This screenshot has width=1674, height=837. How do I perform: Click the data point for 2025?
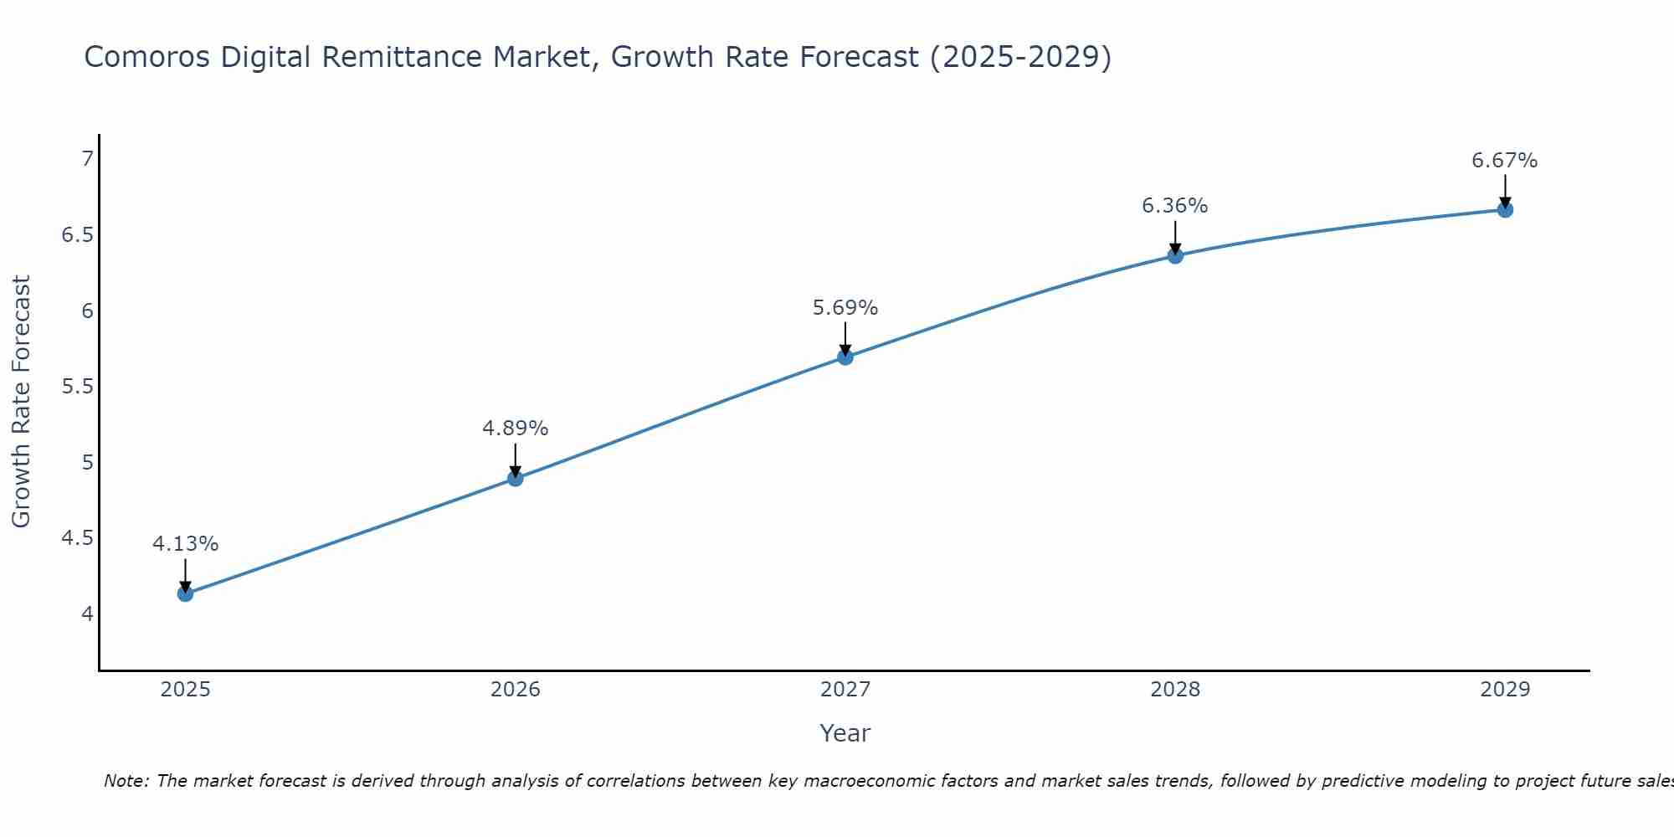(185, 593)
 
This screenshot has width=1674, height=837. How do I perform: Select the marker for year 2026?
(516, 478)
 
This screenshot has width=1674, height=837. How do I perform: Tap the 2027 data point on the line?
(845, 357)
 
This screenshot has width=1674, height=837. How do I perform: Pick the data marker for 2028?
(1175, 255)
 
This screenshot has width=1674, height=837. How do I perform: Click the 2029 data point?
(1505, 209)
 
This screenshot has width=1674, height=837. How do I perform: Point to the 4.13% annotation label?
(185, 544)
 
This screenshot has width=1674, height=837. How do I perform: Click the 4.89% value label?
(516, 429)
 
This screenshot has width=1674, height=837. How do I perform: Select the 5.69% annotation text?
(845, 308)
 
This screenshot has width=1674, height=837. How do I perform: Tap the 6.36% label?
(1175, 206)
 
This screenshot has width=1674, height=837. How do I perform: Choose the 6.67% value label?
(1505, 161)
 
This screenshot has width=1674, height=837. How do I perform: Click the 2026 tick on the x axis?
(516, 690)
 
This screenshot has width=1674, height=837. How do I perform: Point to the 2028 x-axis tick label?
(1175, 690)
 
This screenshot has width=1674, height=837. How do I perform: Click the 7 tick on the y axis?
(87, 158)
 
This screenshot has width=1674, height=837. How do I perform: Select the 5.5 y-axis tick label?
(77, 387)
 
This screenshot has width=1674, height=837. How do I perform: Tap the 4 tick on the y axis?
(87, 614)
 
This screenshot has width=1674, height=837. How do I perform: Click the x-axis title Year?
(845, 733)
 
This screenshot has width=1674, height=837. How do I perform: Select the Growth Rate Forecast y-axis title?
(21, 402)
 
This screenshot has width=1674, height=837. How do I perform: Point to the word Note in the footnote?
(126, 781)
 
